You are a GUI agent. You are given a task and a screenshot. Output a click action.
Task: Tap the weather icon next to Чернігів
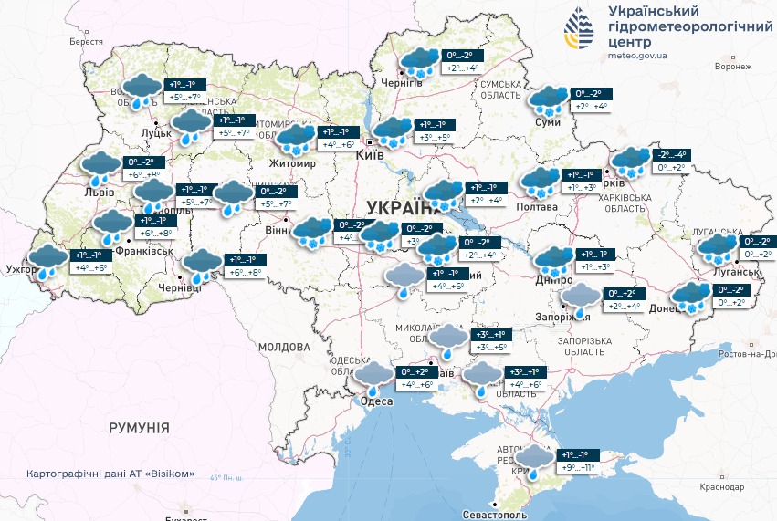pyautogui.click(x=419, y=62)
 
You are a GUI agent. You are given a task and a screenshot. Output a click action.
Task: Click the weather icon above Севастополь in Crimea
pyautogui.click(x=535, y=459)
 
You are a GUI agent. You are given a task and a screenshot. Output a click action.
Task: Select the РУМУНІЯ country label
pyautogui.click(x=139, y=427)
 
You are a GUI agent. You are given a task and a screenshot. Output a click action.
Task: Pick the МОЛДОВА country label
pyautogui.click(x=283, y=347)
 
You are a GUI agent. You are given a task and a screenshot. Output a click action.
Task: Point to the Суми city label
pyautogui.click(x=547, y=122)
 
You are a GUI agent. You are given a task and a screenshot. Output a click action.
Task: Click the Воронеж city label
pyautogui.click(x=732, y=67)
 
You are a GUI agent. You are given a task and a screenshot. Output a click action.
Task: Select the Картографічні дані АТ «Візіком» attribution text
pyautogui.click(x=112, y=474)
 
